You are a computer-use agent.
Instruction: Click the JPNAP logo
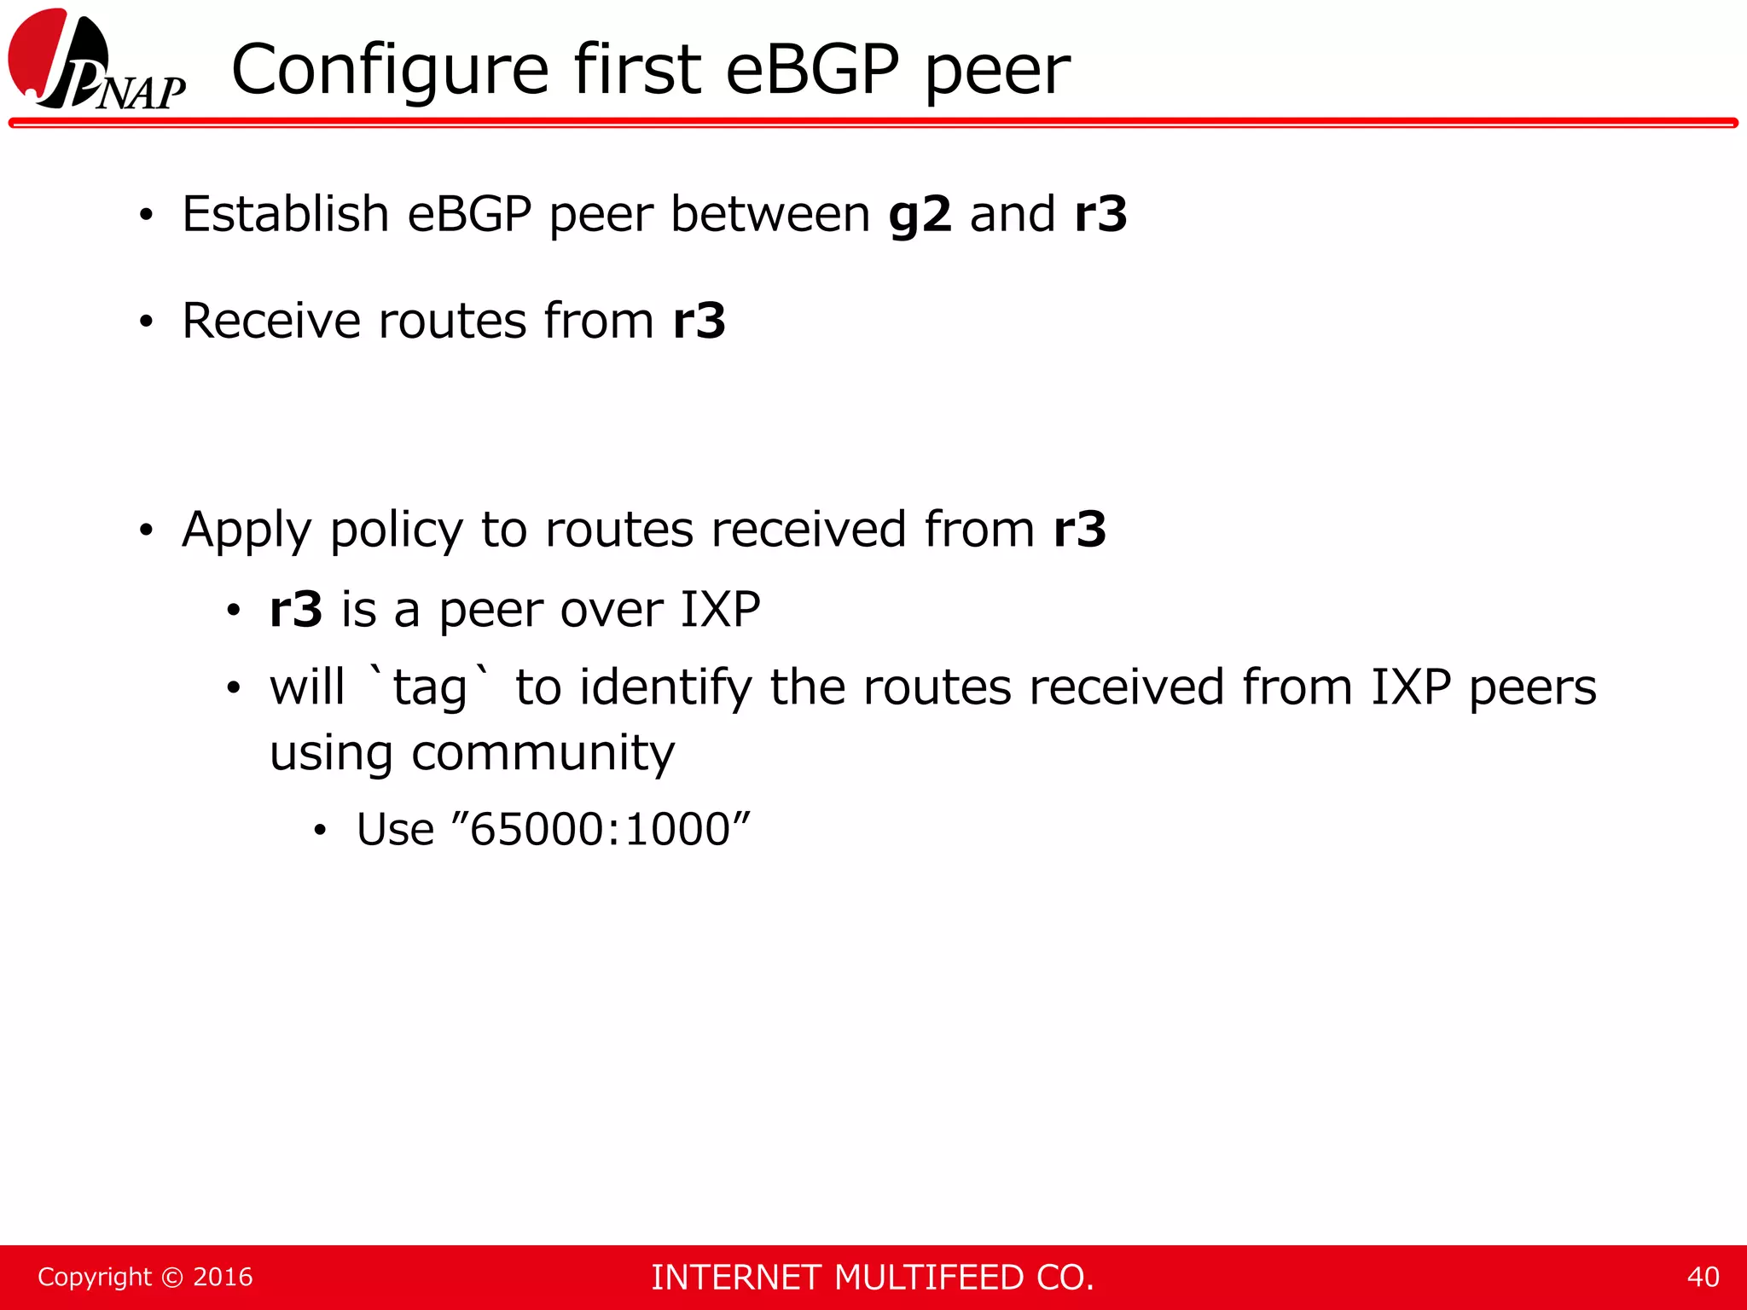click(x=96, y=61)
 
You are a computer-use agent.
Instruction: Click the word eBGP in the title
click(x=812, y=70)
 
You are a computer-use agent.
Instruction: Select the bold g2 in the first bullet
click(x=920, y=214)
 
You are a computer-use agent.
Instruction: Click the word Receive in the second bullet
click(x=270, y=321)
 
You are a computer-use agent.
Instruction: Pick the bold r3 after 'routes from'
click(x=699, y=321)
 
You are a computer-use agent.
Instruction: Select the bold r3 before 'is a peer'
click(x=296, y=610)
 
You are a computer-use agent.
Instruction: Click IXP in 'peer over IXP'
click(x=720, y=610)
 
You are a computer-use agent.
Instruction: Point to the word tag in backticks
click(x=429, y=688)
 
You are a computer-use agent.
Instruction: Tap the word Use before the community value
click(x=395, y=829)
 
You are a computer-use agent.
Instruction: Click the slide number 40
click(x=1703, y=1277)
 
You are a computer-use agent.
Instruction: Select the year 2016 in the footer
click(x=223, y=1277)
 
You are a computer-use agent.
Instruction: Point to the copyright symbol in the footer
click(x=172, y=1277)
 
